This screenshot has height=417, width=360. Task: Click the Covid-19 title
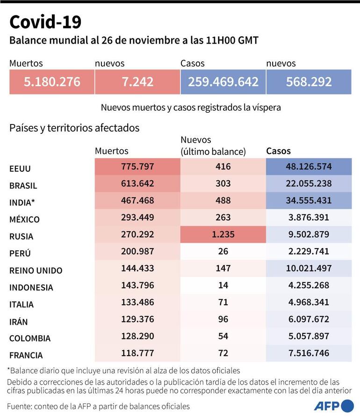pos(45,22)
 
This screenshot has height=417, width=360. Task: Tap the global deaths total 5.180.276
pos(52,82)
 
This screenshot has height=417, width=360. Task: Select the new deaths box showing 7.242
pos(137,82)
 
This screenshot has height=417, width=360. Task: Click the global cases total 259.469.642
pos(223,82)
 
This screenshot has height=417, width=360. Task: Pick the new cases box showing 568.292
pos(309,82)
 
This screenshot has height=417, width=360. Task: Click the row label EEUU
pos(20,168)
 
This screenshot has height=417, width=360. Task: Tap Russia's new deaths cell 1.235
pos(223,234)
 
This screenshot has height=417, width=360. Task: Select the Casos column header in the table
pos(278,151)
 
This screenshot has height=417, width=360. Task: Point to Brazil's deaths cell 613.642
pos(137,183)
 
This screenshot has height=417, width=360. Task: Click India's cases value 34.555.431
pos(309,200)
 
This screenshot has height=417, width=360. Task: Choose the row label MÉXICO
pos(24,219)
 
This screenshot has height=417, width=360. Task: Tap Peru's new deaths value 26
pos(223,251)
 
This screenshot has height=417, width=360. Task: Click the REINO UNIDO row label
pos(36,271)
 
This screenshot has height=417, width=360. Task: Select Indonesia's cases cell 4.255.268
pos(309,285)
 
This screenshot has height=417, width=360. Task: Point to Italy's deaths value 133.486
pos(137,302)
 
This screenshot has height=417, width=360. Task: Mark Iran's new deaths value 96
pos(223,319)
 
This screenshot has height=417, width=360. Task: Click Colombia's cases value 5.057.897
pos(309,336)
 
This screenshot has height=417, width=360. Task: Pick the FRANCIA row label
pos(26,355)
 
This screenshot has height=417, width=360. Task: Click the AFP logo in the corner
pos(333,405)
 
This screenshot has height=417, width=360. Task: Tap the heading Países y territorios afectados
pos(74,128)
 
